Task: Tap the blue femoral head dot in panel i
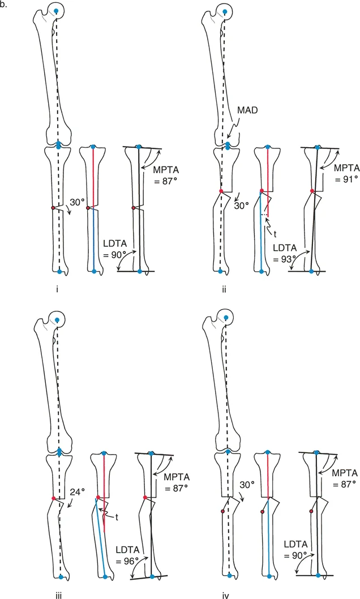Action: pos(56,11)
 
